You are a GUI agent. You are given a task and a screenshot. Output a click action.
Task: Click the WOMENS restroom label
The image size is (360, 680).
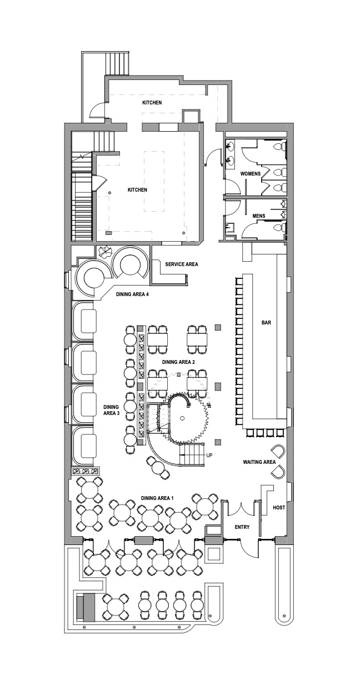click(250, 174)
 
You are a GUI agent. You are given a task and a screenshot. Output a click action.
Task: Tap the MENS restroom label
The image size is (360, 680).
click(258, 215)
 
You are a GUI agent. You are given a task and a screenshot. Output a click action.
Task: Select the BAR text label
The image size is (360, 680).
click(266, 322)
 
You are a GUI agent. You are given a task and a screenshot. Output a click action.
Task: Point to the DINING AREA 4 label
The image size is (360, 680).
click(132, 295)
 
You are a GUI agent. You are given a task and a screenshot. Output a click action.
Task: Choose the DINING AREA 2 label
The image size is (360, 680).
click(178, 362)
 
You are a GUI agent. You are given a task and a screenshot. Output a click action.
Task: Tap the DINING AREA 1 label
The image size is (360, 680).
click(157, 498)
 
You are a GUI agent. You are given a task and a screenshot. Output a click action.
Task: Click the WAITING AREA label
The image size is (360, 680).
click(259, 462)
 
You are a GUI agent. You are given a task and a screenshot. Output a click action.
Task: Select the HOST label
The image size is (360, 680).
click(279, 508)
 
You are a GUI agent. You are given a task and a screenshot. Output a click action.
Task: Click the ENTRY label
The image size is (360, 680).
click(242, 527)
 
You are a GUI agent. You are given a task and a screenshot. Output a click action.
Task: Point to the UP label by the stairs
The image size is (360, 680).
click(209, 455)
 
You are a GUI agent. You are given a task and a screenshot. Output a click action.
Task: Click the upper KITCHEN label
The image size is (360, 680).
click(152, 103)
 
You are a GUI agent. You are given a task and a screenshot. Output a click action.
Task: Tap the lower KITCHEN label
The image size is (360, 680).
click(137, 190)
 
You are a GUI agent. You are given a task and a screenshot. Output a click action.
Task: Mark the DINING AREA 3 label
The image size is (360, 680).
click(111, 409)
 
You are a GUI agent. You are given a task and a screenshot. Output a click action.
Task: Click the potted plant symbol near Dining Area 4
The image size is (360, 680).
click(104, 252)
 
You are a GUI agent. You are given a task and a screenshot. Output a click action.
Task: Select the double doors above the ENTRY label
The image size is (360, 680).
click(241, 507)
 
